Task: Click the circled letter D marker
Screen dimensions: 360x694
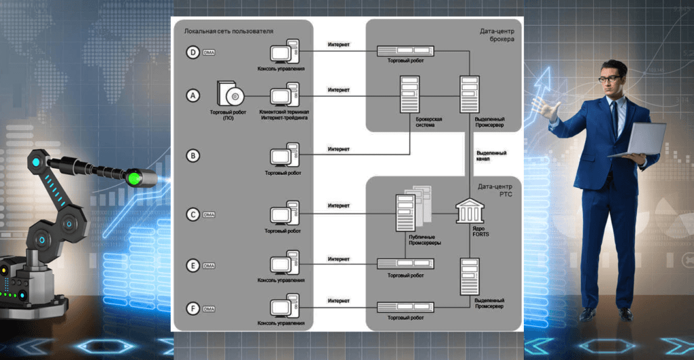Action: pyautogui.click(x=193, y=52)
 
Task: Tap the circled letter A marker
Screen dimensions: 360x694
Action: pyautogui.click(x=193, y=96)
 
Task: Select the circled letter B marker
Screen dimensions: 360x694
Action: pyautogui.click(x=193, y=156)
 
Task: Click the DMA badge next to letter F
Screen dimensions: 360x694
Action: pyautogui.click(x=209, y=309)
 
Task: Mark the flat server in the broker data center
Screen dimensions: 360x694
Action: pyautogui.click(x=406, y=51)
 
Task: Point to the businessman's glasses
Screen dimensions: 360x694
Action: pyautogui.click(x=610, y=79)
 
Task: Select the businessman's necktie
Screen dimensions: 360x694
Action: pyautogui.click(x=614, y=115)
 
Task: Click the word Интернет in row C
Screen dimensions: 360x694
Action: pyautogui.click(x=338, y=205)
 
